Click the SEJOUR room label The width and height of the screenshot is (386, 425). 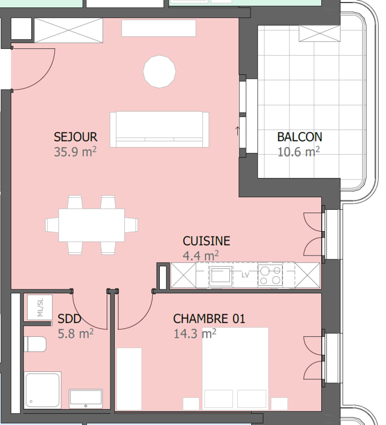(75, 137)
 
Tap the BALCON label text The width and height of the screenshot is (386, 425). (299, 137)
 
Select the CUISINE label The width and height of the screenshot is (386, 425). (207, 241)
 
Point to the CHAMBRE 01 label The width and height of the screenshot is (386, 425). (209, 319)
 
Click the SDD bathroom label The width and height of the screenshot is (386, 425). (70, 319)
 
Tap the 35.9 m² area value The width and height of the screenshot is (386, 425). (75, 151)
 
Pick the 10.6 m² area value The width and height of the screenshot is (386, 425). (298, 151)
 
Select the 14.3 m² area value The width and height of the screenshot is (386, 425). (195, 334)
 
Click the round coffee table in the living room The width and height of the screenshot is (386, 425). (159, 72)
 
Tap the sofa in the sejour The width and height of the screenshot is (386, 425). (159, 130)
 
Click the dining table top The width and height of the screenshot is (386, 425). (91, 225)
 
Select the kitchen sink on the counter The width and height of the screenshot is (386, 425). (220, 276)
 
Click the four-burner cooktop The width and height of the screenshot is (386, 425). (270, 275)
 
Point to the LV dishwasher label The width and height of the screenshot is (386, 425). (245, 275)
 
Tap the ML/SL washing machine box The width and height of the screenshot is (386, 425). (40, 308)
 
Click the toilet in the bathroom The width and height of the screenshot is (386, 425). (35, 344)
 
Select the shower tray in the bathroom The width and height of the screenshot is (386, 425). (42, 390)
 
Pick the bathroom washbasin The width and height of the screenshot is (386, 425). (85, 398)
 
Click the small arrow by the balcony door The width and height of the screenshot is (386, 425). (237, 131)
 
